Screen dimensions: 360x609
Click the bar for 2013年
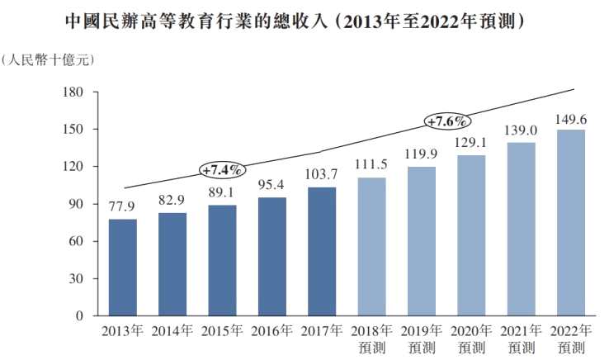point(123,268)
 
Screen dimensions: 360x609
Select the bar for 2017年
point(322,252)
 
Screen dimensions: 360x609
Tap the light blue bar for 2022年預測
point(571,223)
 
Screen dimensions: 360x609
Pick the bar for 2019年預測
point(422,241)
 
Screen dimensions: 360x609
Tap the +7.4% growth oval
point(223,170)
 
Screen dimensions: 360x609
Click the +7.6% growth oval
point(447,121)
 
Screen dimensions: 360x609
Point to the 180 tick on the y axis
point(73,92)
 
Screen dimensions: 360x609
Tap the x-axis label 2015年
point(222,331)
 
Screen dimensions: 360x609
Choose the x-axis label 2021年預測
point(521,339)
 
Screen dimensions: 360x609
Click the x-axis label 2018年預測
point(371,339)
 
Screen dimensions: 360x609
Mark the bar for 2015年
point(223,260)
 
